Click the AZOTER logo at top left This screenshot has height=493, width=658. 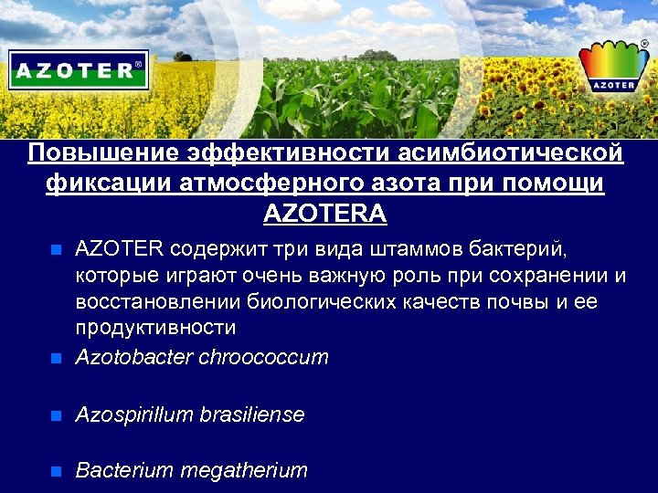79,69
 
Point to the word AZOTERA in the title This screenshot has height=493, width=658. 325,215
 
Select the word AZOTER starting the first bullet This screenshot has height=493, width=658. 119,249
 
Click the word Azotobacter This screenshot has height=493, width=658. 133,357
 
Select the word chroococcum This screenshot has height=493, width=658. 263,357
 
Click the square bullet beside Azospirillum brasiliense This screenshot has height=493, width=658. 57,416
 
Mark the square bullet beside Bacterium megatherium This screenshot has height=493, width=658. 57,472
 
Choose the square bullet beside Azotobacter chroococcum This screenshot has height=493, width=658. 57,358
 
